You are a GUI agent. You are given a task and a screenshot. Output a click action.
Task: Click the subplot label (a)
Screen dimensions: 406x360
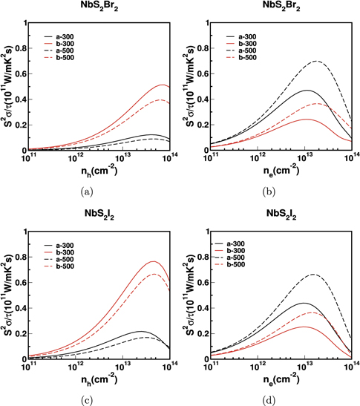click(94, 191)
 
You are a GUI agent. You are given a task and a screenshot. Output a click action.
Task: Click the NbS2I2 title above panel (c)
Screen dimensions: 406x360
click(95, 215)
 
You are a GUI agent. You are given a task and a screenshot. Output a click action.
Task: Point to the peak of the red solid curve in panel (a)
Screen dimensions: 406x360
click(163, 85)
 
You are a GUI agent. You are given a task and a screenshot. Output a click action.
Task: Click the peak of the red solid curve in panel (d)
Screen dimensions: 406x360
click(302, 327)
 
